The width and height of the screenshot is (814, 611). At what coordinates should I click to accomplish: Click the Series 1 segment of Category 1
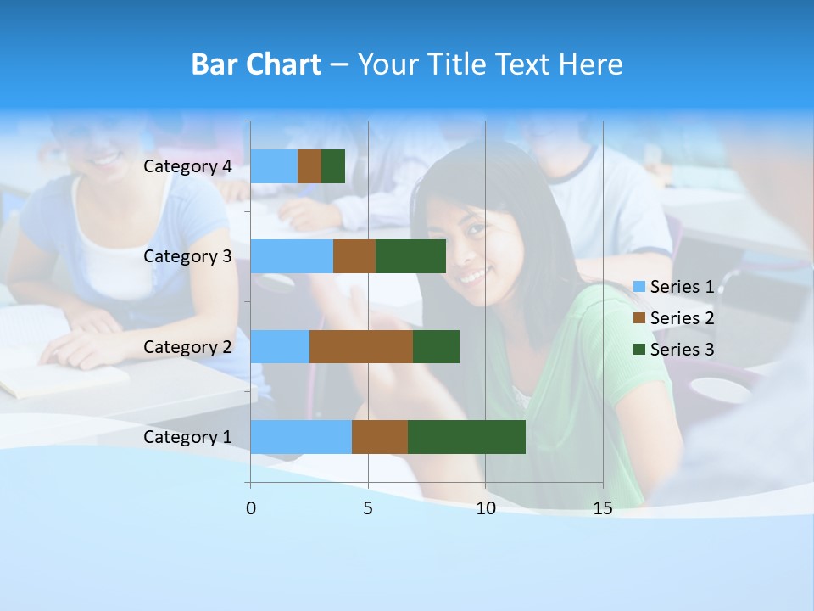pyautogui.click(x=301, y=436)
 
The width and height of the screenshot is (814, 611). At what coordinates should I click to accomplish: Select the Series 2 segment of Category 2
pyautogui.click(x=360, y=346)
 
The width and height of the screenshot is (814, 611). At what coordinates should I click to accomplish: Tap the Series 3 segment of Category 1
pyautogui.click(x=466, y=436)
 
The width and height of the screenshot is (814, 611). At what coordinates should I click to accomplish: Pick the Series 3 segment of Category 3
pyautogui.click(x=410, y=256)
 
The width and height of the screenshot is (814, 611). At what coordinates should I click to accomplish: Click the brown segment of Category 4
pyautogui.click(x=309, y=166)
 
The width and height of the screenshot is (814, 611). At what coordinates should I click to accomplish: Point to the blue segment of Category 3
pyautogui.click(x=292, y=256)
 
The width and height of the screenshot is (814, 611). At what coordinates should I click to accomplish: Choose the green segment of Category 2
pyautogui.click(x=436, y=346)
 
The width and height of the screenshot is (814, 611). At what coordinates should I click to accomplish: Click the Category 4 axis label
pyautogui.click(x=187, y=166)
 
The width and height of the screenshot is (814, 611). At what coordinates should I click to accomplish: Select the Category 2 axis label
pyautogui.click(x=187, y=346)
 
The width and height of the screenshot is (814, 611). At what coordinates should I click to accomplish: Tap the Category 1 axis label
pyautogui.click(x=187, y=437)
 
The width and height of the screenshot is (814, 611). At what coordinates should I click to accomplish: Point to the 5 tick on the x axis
pyautogui.click(x=368, y=508)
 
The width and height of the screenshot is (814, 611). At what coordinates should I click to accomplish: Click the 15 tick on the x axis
pyautogui.click(x=602, y=508)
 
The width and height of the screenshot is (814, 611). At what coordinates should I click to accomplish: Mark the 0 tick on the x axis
pyautogui.click(x=251, y=508)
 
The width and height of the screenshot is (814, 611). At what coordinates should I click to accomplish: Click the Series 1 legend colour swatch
pyautogui.click(x=639, y=288)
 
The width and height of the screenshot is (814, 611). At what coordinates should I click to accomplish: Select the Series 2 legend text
pyautogui.click(x=682, y=318)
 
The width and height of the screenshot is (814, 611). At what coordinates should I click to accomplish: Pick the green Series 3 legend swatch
pyautogui.click(x=639, y=350)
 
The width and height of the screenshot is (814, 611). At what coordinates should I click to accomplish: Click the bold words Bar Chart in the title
pyautogui.click(x=256, y=64)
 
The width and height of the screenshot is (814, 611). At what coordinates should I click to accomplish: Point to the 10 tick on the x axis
pyautogui.click(x=485, y=508)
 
